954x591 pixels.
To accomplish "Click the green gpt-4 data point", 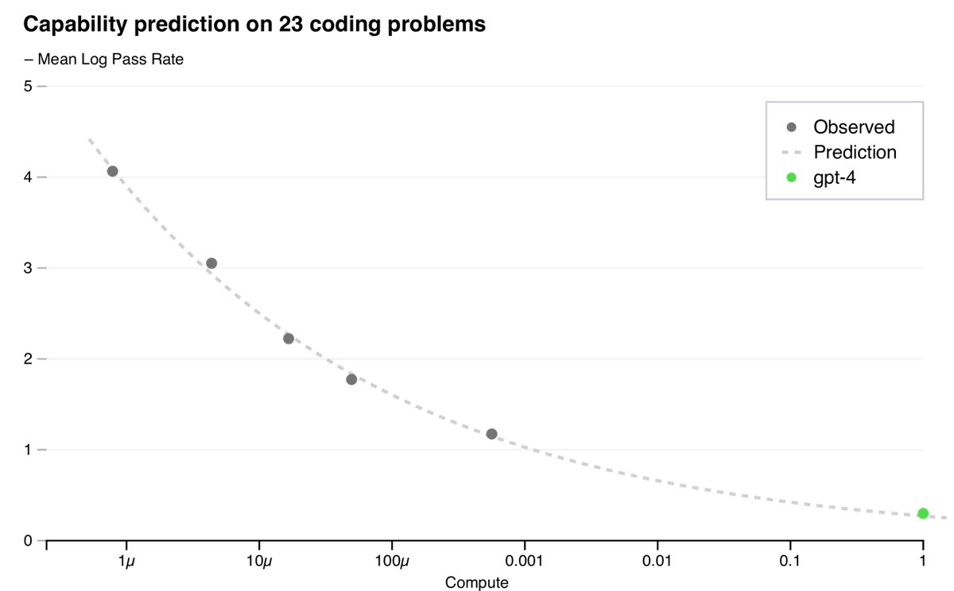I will [922, 513].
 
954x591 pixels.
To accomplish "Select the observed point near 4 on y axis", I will [112, 171].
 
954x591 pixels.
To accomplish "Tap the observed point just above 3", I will [211, 263].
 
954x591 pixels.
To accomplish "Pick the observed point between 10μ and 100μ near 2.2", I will [289, 338].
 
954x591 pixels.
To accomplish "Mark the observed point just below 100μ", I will [351, 379].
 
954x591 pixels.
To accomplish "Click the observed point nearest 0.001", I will [491, 434].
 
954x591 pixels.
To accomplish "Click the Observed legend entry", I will [853, 127].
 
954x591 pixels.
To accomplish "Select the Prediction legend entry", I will [855, 152].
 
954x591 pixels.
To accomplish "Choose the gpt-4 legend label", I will [834, 177].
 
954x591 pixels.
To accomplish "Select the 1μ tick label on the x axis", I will [126, 562].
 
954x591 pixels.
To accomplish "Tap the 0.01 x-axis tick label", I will [657, 562].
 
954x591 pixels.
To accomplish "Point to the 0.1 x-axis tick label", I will [789, 562].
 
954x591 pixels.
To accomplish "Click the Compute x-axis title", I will [477, 582].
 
